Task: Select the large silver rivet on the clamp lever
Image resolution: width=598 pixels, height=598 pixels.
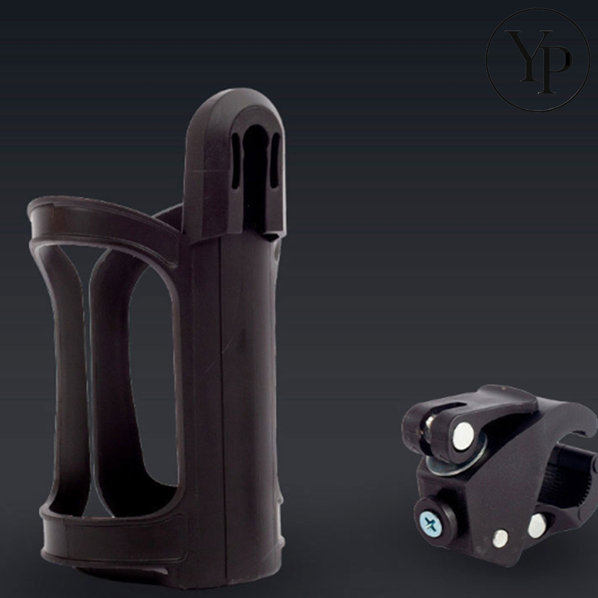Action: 463,437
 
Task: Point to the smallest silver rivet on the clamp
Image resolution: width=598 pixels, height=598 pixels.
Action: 500,538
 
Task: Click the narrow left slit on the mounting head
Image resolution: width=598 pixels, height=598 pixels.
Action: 236,160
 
